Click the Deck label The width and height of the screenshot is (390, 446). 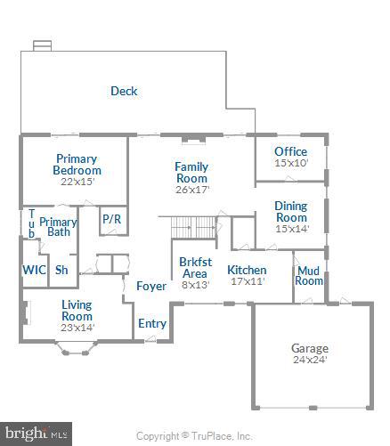(124, 91)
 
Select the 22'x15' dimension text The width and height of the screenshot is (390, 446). (77, 181)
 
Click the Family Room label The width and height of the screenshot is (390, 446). (191, 172)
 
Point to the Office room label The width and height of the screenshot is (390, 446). (290, 151)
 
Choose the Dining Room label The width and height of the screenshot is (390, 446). (290, 211)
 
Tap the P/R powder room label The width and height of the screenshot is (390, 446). (111, 219)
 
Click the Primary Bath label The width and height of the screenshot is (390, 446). (59, 227)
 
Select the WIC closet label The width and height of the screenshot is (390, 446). (34, 270)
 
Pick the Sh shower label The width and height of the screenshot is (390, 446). (61, 270)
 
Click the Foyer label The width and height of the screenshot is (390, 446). (150, 287)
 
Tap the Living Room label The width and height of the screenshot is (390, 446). (77, 310)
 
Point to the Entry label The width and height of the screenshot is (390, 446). (151, 323)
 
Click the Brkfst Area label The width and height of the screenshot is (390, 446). (194, 268)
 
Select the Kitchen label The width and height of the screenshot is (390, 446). (247, 270)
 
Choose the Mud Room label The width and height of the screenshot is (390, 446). (309, 275)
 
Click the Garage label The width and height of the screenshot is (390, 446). (310, 348)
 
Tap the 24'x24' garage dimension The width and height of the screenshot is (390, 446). (310, 361)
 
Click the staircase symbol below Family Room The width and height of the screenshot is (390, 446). (194, 227)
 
